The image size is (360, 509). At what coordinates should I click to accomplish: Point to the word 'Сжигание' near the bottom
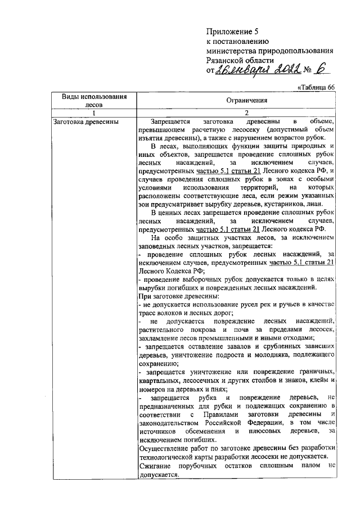tap(157, 466)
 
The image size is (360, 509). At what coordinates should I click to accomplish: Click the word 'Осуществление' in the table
tap(167, 448)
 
